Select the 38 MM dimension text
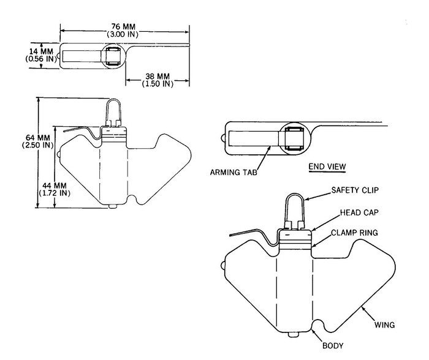click(x=157, y=76)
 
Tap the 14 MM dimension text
click(x=25, y=51)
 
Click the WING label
click(x=385, y=324)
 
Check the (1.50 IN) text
click(x=157, y=84)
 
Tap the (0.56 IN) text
click(x=25, y=59)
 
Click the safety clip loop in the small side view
click(x=113, y=110)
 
